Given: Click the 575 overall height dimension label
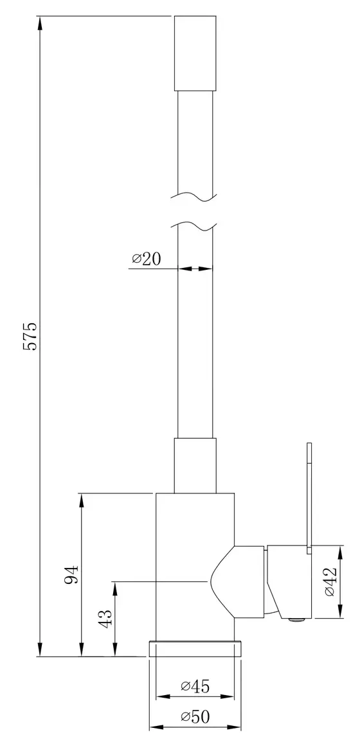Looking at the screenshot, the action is pos(30,337).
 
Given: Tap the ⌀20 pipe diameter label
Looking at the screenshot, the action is pos(147,259).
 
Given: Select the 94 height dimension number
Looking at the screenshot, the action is pos(71,574).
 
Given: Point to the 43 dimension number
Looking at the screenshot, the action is pos(105,619).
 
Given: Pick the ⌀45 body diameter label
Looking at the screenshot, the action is pos(195,685).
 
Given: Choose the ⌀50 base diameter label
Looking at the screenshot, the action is pos(195,716).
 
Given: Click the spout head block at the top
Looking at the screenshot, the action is pos(195,53).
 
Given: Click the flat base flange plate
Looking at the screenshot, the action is pos(195,649).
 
